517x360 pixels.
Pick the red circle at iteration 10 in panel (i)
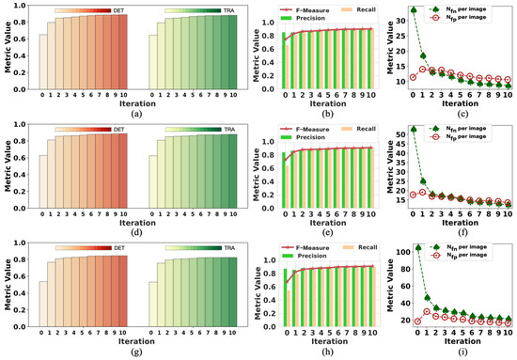tap(509, 322)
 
